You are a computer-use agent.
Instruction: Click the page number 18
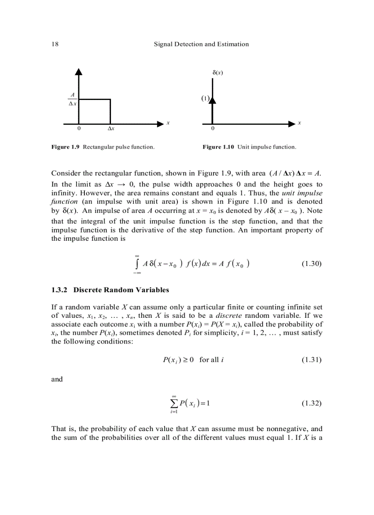click(x=54, y=44)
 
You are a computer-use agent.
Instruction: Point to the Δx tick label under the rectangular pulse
click(x=110, y=129)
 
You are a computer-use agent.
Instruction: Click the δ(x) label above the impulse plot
click(x=218, y=72)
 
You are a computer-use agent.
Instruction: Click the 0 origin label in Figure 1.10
click(x=213, y=129)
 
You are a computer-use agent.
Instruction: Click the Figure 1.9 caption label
click(x=66, y=147)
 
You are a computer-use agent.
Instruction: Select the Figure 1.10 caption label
click(x=218, y=147)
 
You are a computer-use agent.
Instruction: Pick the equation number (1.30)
click(x=312, y=264)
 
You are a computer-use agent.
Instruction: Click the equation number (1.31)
click(x=312, y=360)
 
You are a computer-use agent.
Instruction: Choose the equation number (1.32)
click(x=312, y=404)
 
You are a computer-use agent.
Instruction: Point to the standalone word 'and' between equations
click(x=57, y=379)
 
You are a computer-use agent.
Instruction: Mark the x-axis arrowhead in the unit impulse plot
click(x=292, y=123)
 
